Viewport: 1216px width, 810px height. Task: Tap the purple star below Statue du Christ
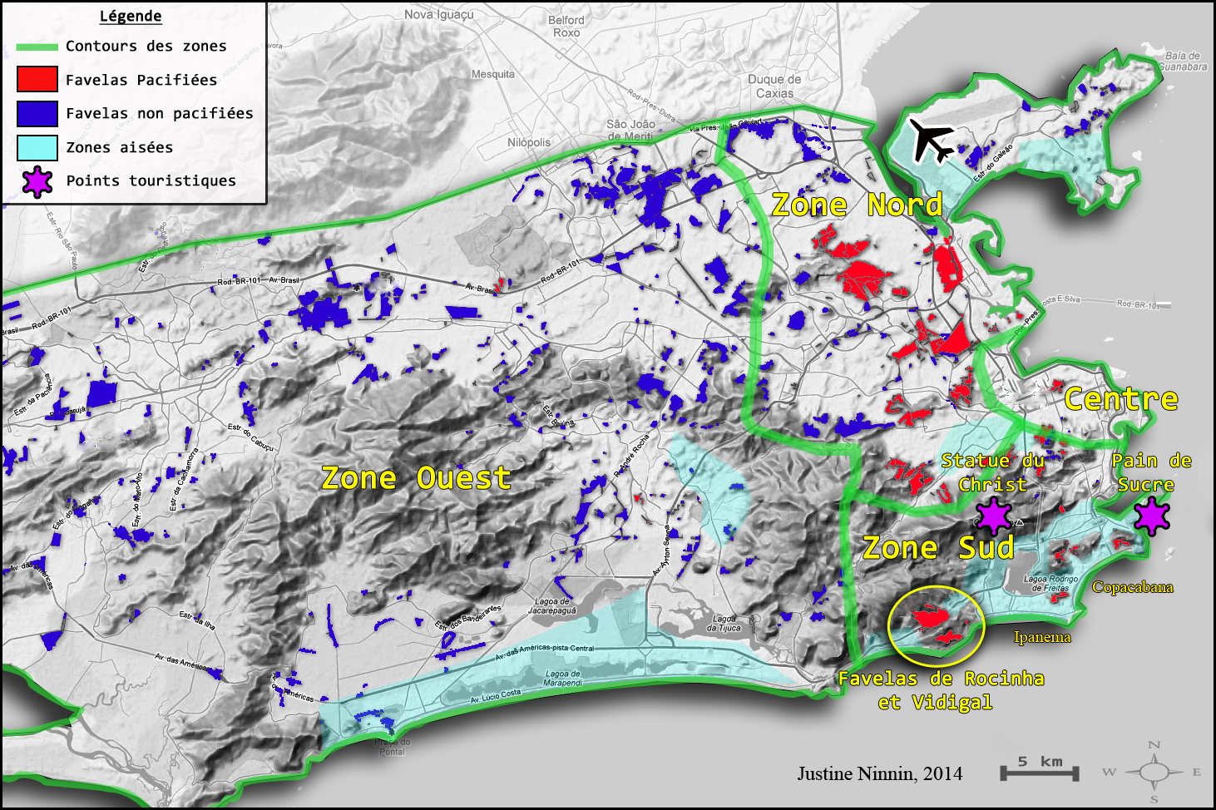pos(993,516)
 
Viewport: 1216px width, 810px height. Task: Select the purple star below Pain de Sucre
pos(1152,516)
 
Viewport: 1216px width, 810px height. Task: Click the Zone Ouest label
pos(416,478)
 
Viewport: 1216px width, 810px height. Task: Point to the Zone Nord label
pos(857,205)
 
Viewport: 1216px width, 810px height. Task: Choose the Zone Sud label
pos(938,548)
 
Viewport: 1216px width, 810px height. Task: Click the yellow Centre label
pos(1121,399)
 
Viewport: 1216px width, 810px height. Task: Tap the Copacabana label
pos(1132,587)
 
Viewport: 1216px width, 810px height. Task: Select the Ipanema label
pos(1042,637)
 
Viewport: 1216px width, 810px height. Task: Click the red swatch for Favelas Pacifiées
pos(37,79)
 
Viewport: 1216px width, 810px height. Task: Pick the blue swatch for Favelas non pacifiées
pos(37,113)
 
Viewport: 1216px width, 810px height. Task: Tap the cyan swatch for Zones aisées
pos(37,147)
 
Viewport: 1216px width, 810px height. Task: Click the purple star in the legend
pos(37,181)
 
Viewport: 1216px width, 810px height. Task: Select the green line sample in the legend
pos(37,47)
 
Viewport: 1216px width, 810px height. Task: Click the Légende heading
pos(131,16)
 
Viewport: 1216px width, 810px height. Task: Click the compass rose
pos(1154,773)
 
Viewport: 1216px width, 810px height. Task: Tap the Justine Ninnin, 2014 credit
pos(879,773)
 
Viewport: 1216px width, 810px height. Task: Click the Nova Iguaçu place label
pos(439,14)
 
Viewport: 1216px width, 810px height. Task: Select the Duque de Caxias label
pos(774,86)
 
